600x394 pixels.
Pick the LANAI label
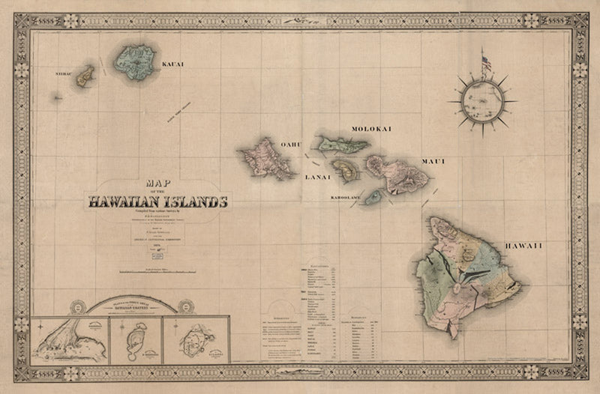pyautogui.click(x=316, y=177)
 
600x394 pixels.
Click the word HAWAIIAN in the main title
pyautogui.click(x=123, y=201)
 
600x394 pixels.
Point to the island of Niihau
pyautogui.click(x=83, y=75)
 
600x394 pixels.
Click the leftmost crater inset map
pyautogui.click(x=69, y=341)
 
